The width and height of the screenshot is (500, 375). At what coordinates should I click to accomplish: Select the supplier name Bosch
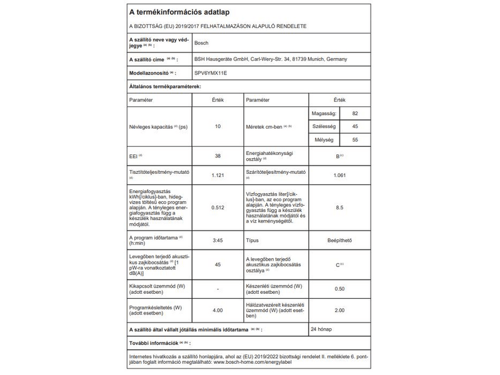coord(202,43)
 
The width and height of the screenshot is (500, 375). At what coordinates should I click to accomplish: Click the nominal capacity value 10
coord(217,126)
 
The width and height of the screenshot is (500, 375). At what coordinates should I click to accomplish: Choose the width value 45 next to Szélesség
coord(355,126)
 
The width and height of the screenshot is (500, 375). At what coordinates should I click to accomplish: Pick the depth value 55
coord(355,140)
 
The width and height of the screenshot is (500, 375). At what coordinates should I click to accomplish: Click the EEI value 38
coord(217,155)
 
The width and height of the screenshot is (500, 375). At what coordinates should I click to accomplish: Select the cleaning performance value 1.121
coord(217,174)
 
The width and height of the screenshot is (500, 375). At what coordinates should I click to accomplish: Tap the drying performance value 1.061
coord(338,174)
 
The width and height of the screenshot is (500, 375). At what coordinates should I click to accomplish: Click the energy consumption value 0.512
coord(217,207)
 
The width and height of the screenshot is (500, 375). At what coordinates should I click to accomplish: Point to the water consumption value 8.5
coord(338,207)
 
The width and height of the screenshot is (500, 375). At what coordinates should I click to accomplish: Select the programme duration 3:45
coord(217,241)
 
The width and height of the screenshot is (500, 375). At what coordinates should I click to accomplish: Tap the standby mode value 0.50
coord(338,289)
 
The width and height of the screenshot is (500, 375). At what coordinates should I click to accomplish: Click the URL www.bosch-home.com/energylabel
coord(247,361)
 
